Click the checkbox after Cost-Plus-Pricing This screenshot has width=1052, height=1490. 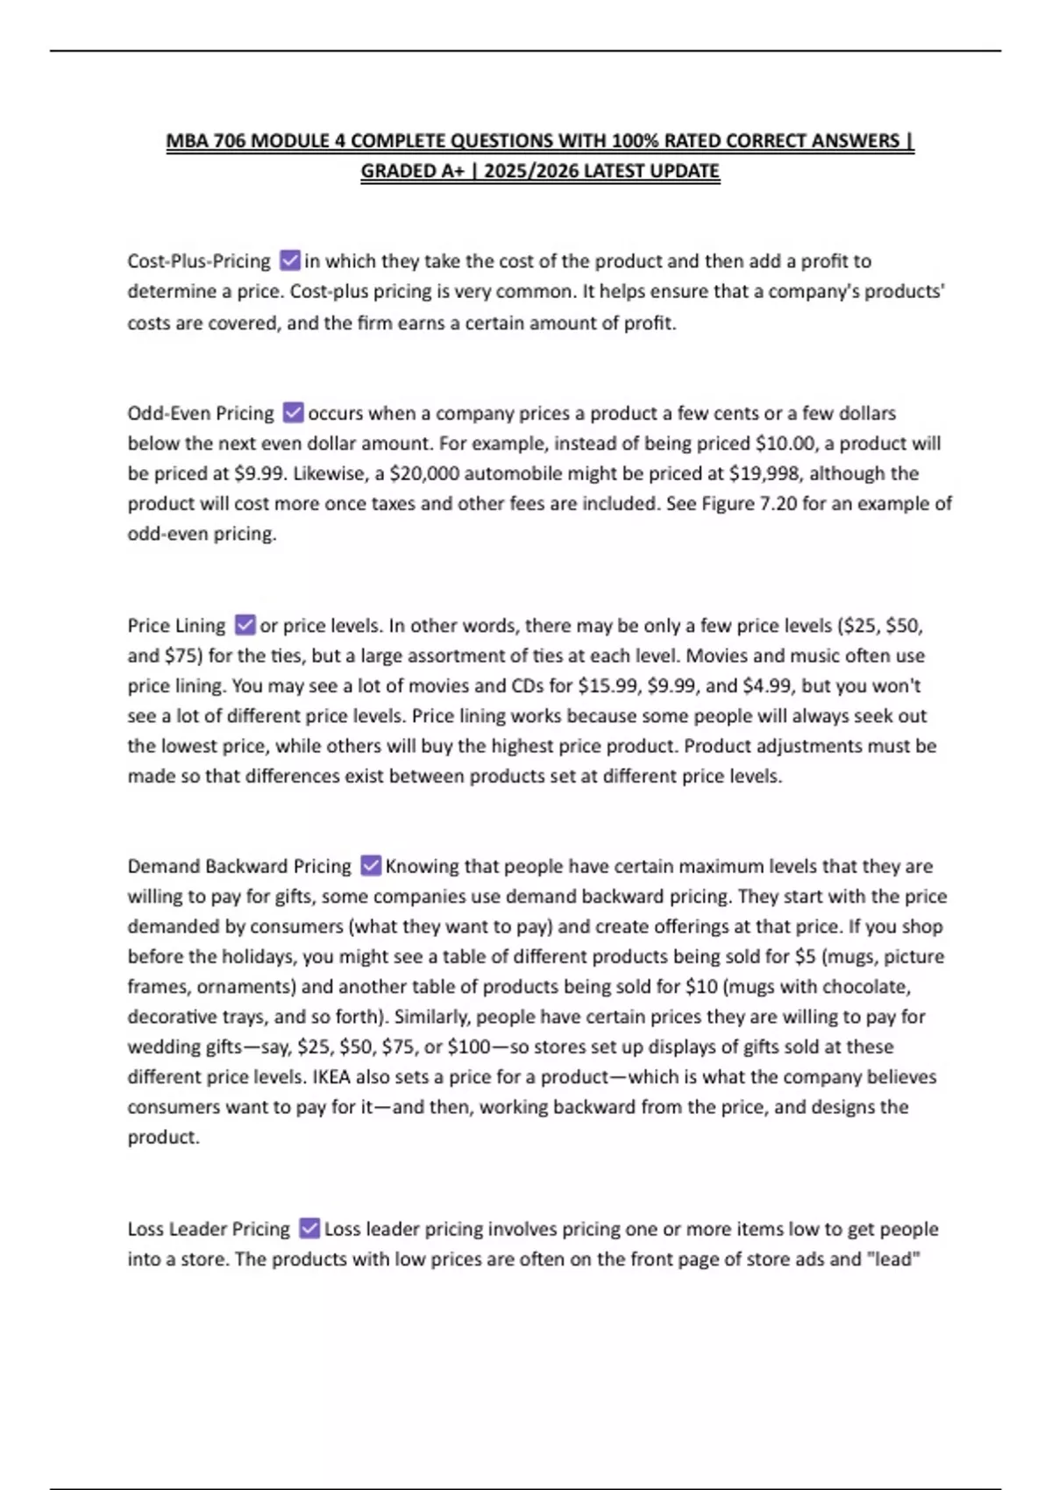click(x=290, y=260)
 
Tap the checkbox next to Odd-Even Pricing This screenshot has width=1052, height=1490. click(x=293, y=412)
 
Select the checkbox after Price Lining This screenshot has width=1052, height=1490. click(x=245, y=625)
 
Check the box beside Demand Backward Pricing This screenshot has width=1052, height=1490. click(x=371, y=866)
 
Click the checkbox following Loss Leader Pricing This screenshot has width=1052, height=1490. click(x=309, y=1229)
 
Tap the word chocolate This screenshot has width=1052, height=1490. click(x=864, y=986)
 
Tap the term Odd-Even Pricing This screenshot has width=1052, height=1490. click(x=201, y=413)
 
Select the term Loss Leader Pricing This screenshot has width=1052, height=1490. click(x=209, y=1229)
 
